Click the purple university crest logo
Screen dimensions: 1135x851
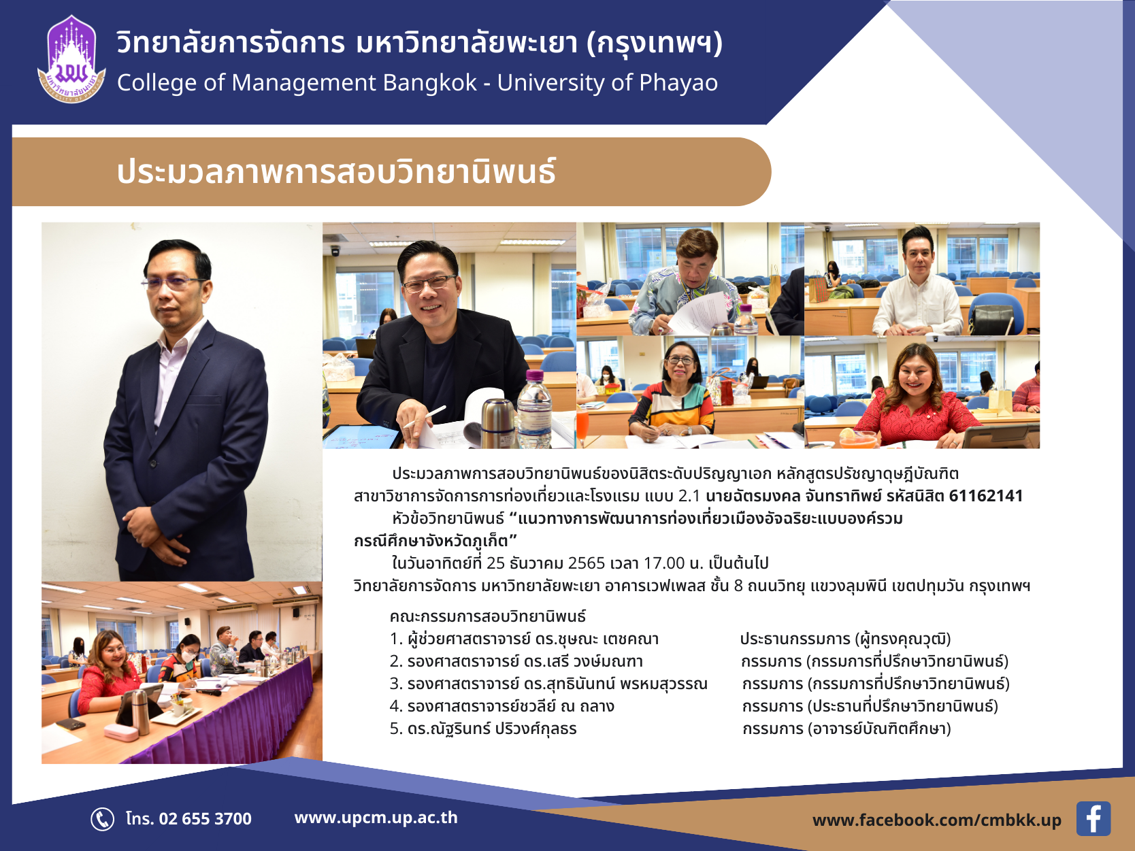[x=71, y=59]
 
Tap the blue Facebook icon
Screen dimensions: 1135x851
[x=1093, y=818]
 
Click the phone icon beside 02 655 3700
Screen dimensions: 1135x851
[x=102, y=819]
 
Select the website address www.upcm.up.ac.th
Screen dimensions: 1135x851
[x=376, y=818]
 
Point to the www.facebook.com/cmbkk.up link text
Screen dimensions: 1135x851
[x=936, y=820]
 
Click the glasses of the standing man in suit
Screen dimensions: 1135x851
[x=174, y=282]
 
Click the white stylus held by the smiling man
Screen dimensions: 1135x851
[x=424, y=417]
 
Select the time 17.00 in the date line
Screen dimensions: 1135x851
[x=664, y=563]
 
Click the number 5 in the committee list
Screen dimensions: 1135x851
[x=394, y=729]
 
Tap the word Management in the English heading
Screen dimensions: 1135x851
[x=302, y=83]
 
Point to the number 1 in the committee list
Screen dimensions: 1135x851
[x=394, y=639]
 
